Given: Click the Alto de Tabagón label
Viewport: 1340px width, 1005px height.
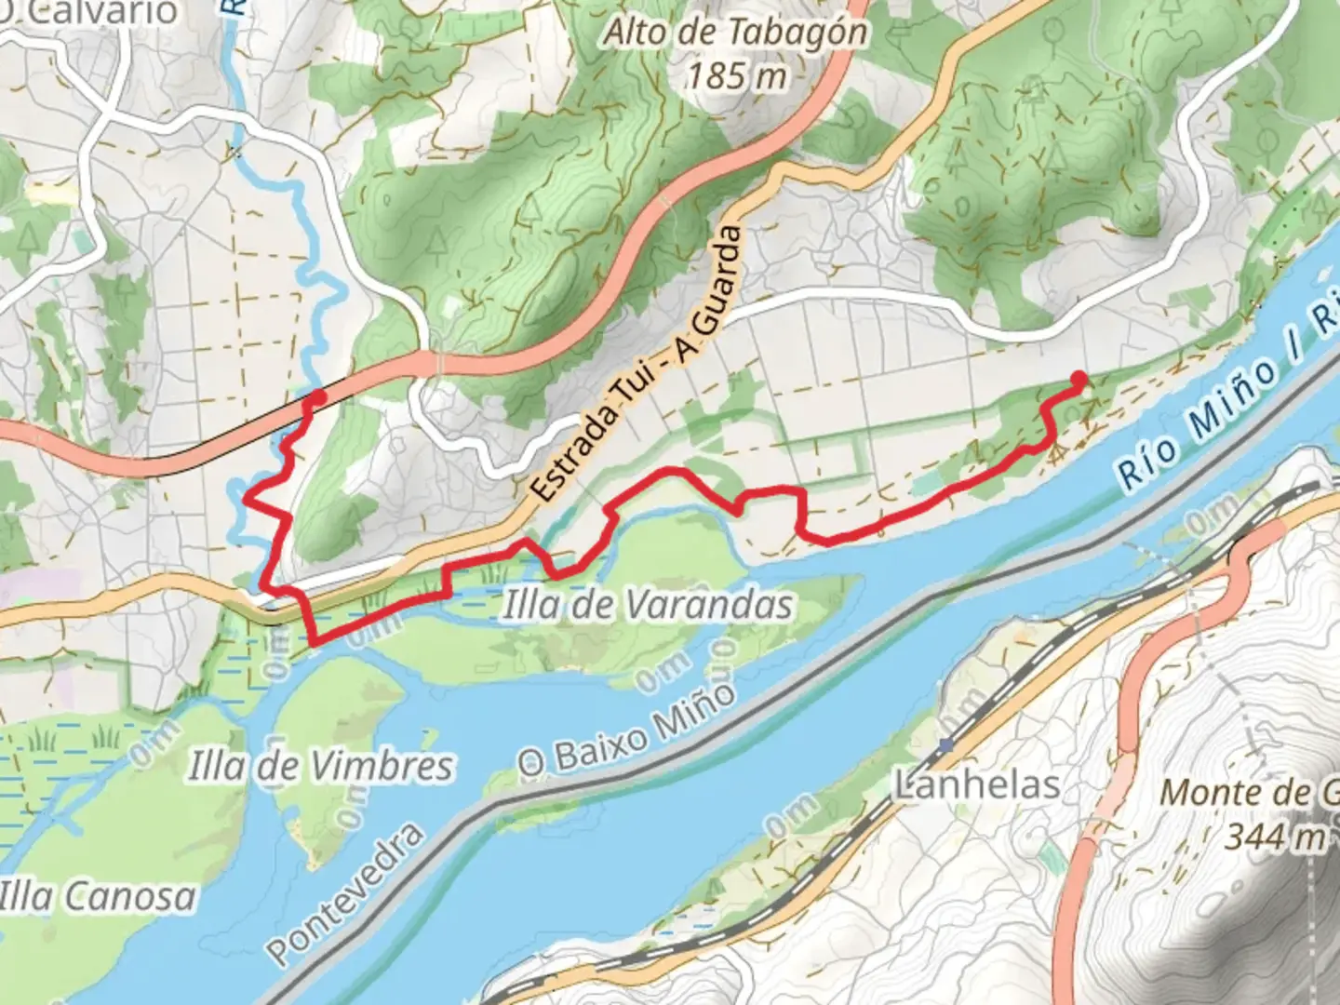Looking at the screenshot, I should point(736,33).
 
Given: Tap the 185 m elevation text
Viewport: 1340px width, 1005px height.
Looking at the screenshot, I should point(736,74).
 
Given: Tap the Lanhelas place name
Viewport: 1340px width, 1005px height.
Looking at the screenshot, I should point(977,785).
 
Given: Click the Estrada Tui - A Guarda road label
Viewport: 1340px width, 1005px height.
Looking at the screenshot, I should point(642,363).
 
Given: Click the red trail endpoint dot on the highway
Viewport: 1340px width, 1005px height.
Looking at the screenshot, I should point(316,398).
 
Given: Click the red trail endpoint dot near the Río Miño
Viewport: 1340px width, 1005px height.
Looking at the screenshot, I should point(1079,379).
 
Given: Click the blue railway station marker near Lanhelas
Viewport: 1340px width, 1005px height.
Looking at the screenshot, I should point(945,744).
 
